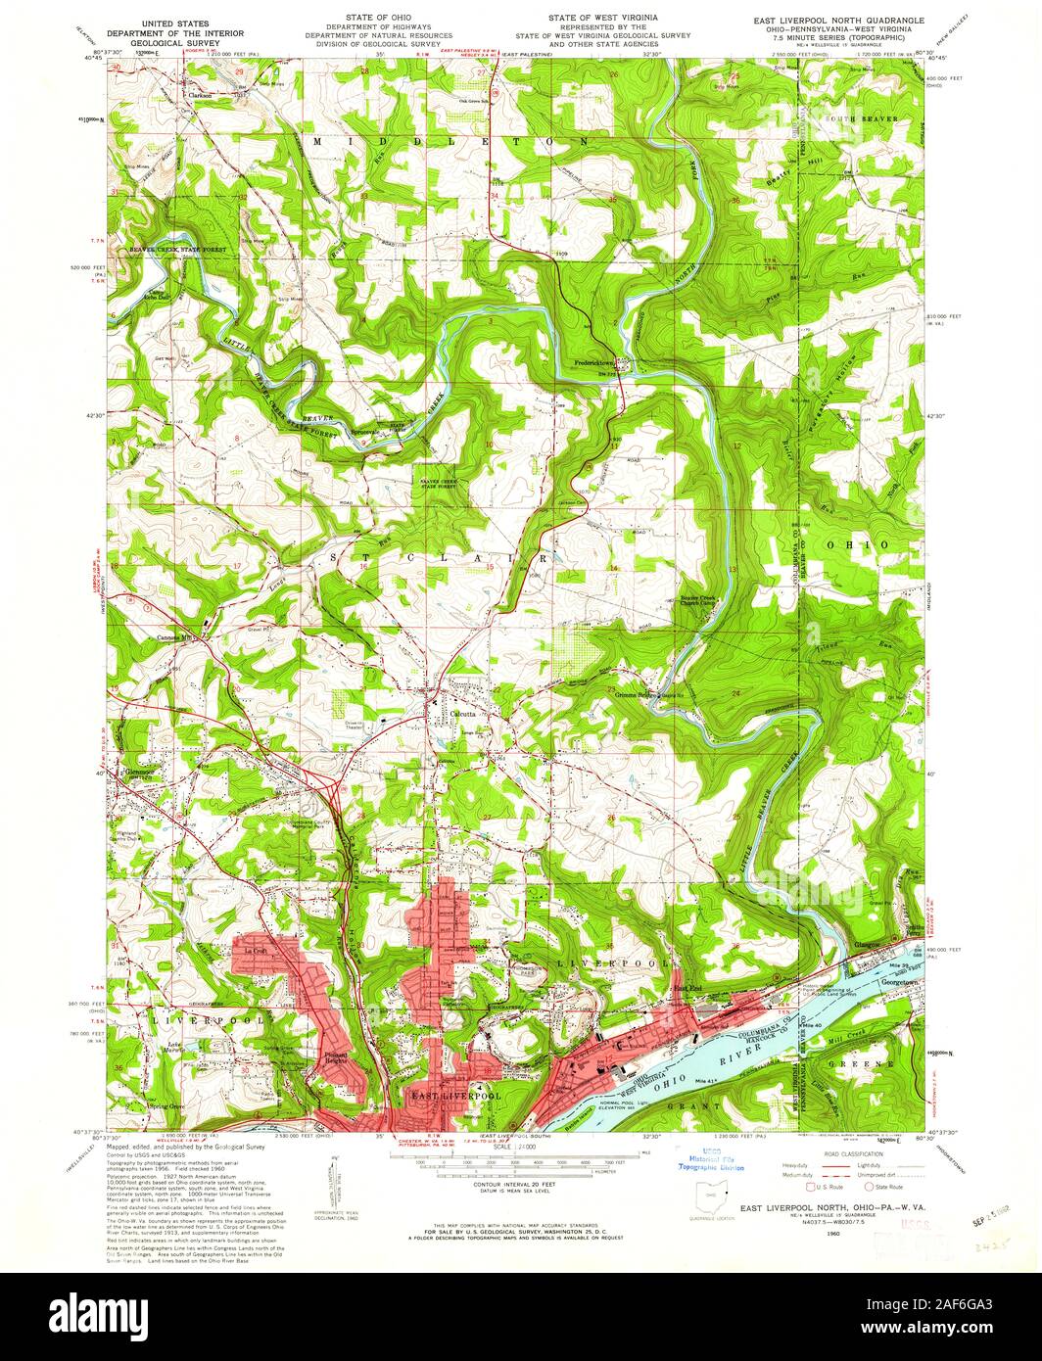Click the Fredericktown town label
(x=599, y=363)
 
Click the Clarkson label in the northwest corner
(x=201, y=96)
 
